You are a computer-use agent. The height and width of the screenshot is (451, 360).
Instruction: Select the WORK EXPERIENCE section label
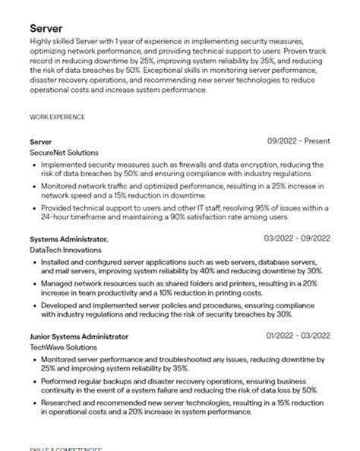point(57,117)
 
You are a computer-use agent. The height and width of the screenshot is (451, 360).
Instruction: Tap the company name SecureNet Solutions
point(64,152)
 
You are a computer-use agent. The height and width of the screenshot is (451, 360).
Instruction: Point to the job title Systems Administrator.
point(68,238)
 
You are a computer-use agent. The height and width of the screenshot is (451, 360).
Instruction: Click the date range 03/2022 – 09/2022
point(298,238)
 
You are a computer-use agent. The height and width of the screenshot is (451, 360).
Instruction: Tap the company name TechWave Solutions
point(65,347)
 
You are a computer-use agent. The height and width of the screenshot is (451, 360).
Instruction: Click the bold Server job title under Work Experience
point(41,141)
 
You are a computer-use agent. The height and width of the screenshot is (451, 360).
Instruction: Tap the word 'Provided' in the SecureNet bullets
point(58,207)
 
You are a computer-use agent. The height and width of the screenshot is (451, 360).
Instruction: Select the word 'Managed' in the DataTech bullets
point(58,282)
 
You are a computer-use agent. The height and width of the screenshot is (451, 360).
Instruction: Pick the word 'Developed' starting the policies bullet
point(61,304)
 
